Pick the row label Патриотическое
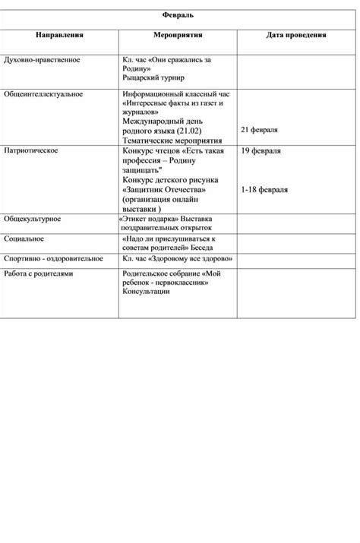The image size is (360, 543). pos(31,151)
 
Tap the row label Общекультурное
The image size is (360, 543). pos(33,219)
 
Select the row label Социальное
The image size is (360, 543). pos(24,238)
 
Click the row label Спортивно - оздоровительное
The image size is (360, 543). pos(53,258)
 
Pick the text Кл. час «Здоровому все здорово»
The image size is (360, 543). pos(176,258)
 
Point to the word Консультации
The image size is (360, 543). pos(147,292)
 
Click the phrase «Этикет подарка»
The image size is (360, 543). pos(149,219)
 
